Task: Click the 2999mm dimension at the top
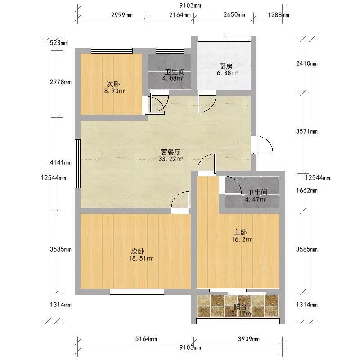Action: (122, 15)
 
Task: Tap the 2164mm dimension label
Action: (180, 15)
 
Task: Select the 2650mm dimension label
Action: (234, 14)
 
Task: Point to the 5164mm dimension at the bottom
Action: (146, 339)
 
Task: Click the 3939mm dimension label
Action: (249, 339)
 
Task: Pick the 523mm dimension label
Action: (59, 43)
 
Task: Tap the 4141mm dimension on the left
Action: (61, 162)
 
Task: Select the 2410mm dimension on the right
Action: (307, 63)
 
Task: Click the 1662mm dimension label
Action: (307, 190)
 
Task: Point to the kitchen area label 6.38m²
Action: (227, 73)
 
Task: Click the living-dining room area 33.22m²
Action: (171, 159)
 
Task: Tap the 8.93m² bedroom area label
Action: (115, 91)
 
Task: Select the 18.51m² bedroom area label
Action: (141, 258)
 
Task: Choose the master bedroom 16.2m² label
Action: (242, 239)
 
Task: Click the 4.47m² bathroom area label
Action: (255, 199)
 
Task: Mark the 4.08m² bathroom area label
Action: (173, 78)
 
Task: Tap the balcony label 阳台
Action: (240, 307)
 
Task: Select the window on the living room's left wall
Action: (77, 164)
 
